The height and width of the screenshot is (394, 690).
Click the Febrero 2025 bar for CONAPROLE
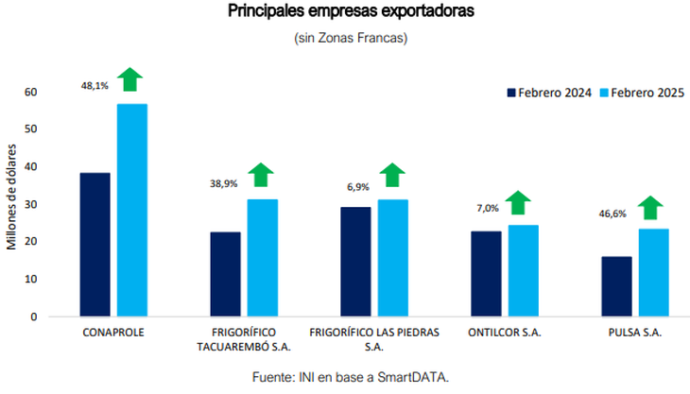click(x=131, y=210)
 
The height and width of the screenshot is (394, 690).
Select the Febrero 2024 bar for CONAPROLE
click(x=95, y=244)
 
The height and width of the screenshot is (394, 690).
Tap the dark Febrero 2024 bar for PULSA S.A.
click(x=616, y=286)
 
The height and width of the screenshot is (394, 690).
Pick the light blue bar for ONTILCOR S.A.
click(x=523, y=270)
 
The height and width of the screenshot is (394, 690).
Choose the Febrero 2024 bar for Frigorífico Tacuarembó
click(x=225, y=274)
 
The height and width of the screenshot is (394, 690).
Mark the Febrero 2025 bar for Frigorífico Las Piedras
click(x=392, y=257)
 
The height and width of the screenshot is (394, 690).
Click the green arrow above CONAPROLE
click(x=130, y=79)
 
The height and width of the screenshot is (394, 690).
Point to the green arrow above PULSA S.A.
click(x=650, y=207)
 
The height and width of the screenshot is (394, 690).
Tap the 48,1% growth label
click(x=95, y=85)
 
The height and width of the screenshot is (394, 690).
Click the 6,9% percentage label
click(x=357, y=187)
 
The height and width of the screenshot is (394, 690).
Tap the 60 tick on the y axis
click(x=31, y=92)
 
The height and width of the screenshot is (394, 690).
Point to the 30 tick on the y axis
click(x=31, y=204)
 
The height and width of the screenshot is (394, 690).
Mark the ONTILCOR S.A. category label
click(x=505, y=334)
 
